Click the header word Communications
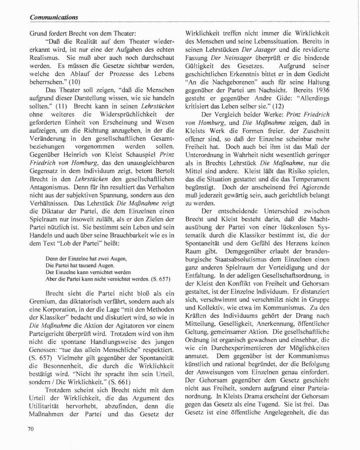click(54, 17)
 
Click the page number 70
click(31, 429)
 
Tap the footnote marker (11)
click(61, 106)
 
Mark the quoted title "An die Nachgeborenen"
click(221, 82)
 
